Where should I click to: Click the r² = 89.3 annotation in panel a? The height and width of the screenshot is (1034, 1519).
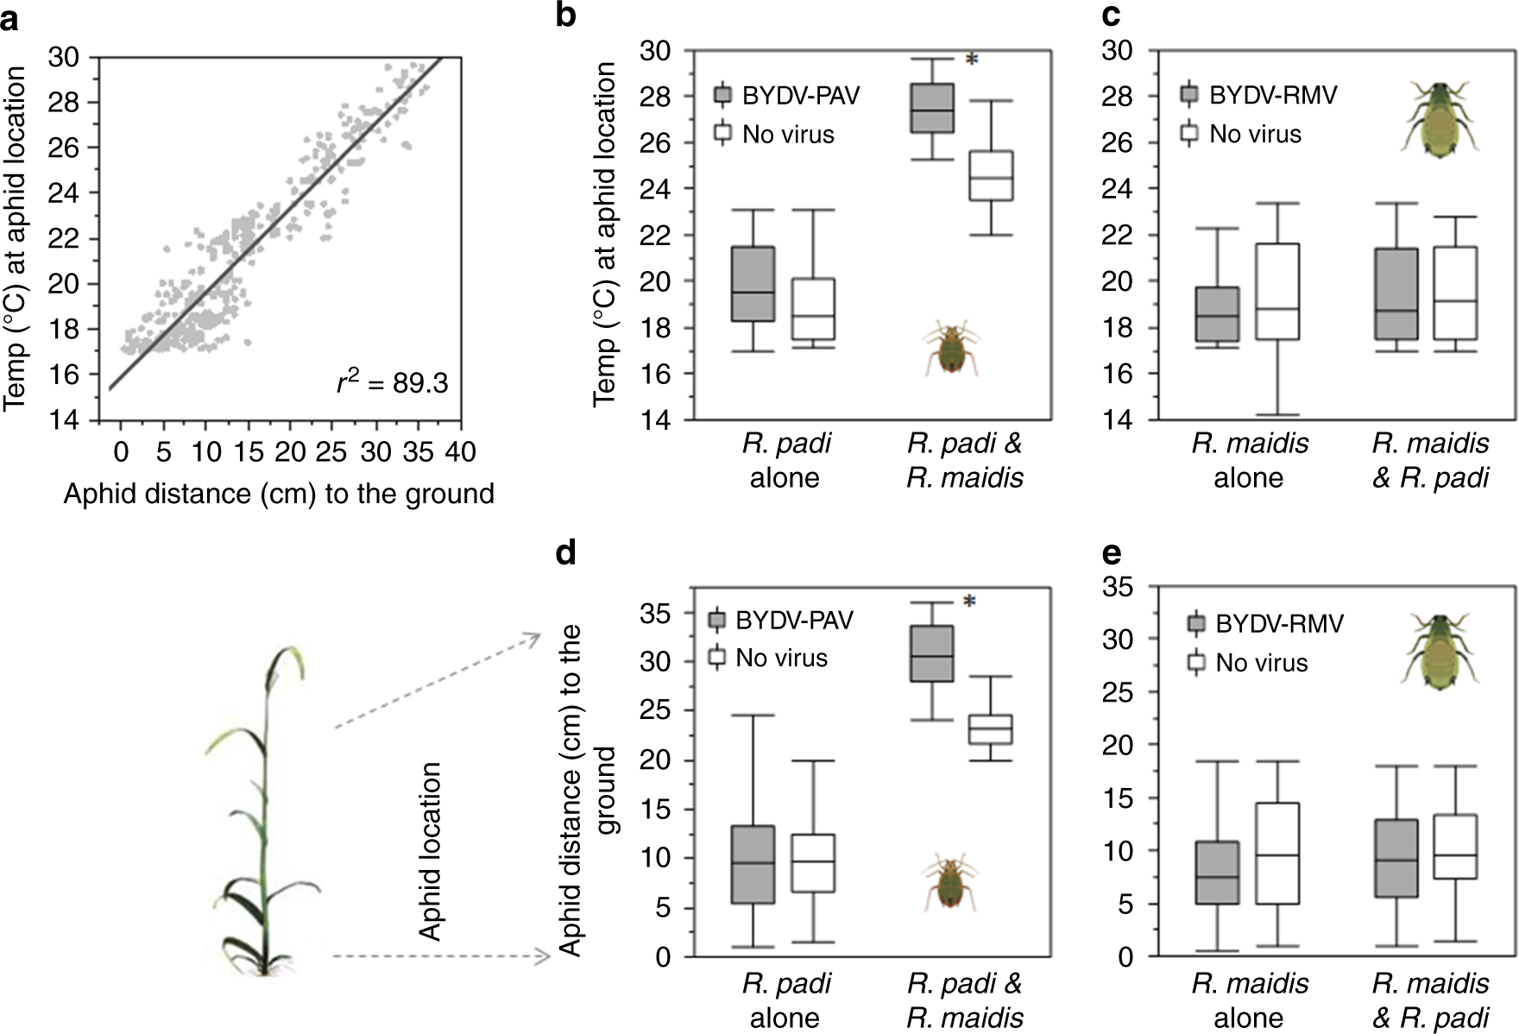[393, 382]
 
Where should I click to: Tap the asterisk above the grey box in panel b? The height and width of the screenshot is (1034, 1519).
[972, 60]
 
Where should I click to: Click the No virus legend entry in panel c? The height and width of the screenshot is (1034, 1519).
[1254, 134]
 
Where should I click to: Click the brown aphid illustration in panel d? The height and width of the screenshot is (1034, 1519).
[951, 882]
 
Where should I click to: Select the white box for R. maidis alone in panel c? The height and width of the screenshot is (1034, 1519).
[1278, 291]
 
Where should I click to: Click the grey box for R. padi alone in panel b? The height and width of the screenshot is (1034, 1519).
[753, 284]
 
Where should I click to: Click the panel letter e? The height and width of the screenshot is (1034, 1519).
[1112, 553]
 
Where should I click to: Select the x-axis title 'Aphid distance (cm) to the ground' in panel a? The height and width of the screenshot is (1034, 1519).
[279, 494]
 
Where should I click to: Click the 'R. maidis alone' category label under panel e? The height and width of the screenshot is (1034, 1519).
[1250, 999]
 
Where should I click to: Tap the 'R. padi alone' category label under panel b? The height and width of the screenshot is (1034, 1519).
[785, 460]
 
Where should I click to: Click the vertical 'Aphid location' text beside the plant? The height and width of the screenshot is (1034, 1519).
[430, 850]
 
